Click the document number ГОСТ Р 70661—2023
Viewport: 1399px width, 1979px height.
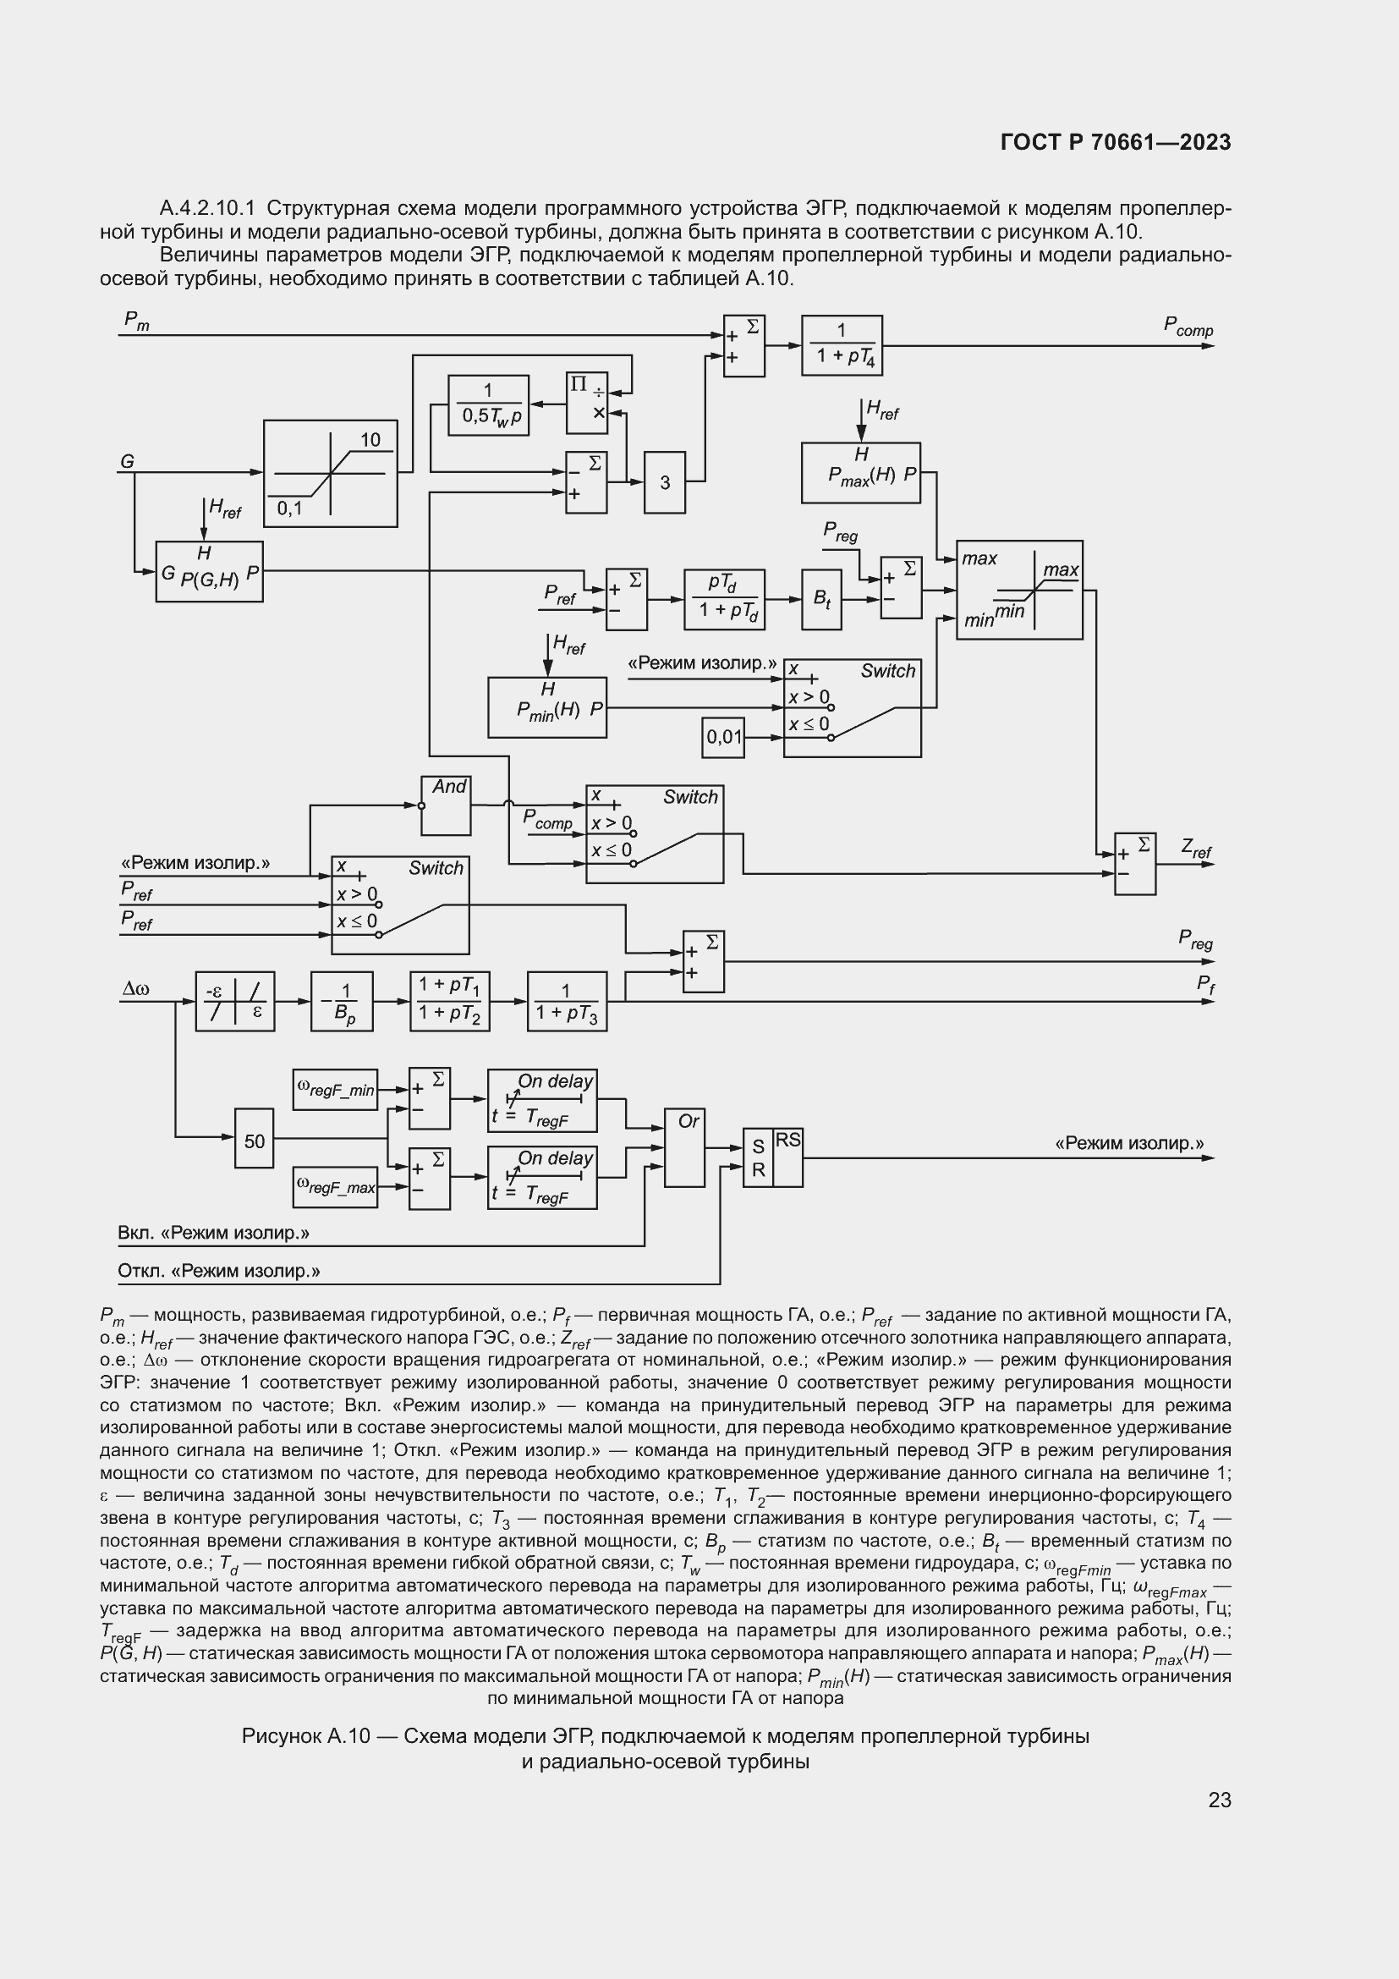pyautogui.click(x=1116, y=142)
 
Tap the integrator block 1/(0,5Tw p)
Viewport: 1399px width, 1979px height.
pyautogui.click(x=488, y=405)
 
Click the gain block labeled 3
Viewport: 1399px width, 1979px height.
pyautogui.click(x=665, y=481)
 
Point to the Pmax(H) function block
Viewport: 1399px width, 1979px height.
pyautogui.click(x=860, y=472)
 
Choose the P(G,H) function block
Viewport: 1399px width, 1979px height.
pyautogui.click(x=209, y=571)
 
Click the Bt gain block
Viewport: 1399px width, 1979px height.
pyautogui.click(x=822, y=599)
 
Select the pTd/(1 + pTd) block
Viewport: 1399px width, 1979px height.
pyautogui.click(x=725, y=599)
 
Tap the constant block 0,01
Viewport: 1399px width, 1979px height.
pyautogui.click(x=724, y=737)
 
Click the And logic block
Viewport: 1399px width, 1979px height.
pyautogui.click(x=446, y=805)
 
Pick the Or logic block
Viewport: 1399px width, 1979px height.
pyautogui.click(x=685, y=1147)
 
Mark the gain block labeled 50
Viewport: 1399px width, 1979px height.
pyautogui.click(x=255, y=1141)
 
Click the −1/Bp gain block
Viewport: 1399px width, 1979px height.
pyautogui.click(x=342, y=1002)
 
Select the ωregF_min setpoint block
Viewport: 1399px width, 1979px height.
pyautogui.click(x=335, y=1090)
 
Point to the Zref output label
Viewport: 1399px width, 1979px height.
pyautogui.click(x=1196, y=849)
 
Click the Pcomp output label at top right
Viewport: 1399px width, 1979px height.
pyautogui.click(x=1188, y=327)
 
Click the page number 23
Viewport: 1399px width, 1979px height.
pyautogui.click(x=1220, y=1800)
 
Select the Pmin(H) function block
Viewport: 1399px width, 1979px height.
pyautogui.click(x=547, y=707)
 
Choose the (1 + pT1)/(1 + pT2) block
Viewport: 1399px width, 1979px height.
pyautogui.click(x=451, y=1002)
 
